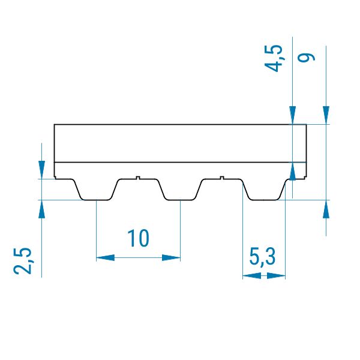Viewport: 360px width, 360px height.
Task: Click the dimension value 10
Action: tap(138, 238)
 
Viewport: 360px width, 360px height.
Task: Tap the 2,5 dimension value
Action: tap(23, 261)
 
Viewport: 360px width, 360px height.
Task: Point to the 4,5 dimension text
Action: tap(274, 58)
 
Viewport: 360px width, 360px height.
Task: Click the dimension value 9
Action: tap(306, 58)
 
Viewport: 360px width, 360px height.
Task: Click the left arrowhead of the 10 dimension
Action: tap(105, 257)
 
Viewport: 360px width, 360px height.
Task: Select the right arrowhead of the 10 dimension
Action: tap(171, 257)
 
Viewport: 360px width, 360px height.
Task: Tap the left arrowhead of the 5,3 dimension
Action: tap(251, 276)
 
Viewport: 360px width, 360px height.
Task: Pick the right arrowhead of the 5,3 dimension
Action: tap(276, 276)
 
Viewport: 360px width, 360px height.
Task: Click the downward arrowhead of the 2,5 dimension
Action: tap(41, 170)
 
